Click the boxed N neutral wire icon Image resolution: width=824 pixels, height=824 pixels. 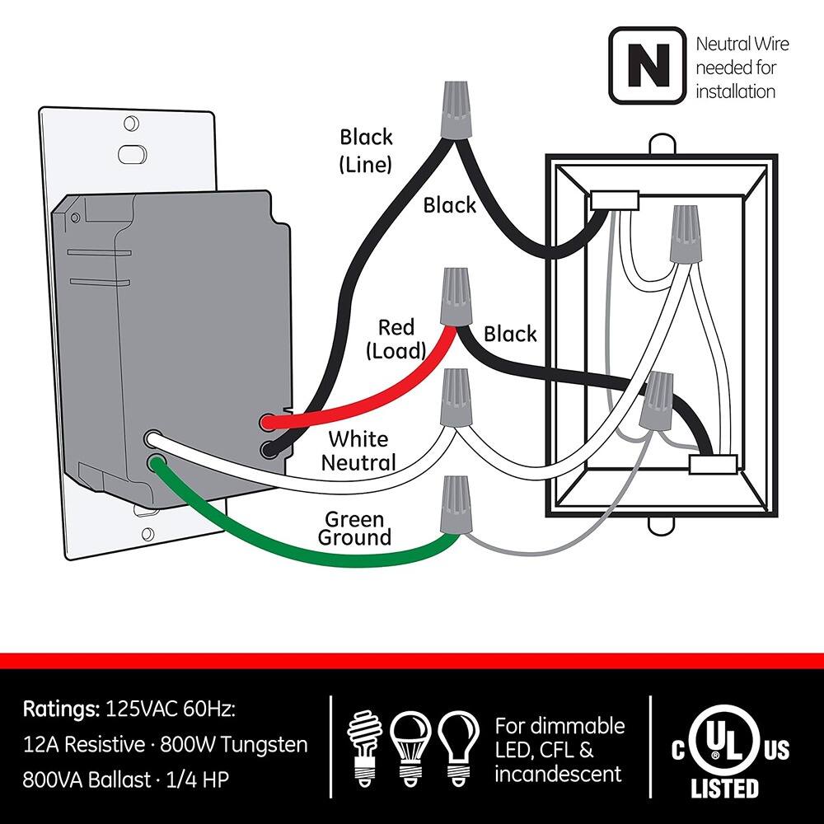(647, 66)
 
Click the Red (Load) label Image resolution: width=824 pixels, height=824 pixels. (396, 339)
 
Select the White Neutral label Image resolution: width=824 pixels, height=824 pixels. (358, 451)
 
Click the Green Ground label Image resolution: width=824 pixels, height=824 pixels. (354, 529)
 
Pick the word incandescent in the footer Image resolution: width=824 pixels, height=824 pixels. (558, 774)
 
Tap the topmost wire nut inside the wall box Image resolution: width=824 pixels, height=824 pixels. (683, 236)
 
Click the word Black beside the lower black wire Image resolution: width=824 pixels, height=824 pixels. (509, 334)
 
